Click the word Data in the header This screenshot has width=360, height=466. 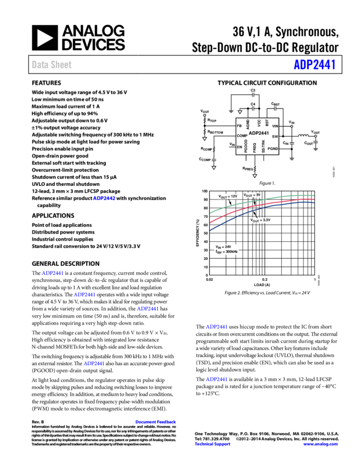(x=39, y=65)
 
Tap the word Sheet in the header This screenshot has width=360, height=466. (x=61, y=65)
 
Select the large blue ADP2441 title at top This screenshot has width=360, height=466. (x=315, y=65)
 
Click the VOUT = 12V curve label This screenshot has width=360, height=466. (x=227, y=196)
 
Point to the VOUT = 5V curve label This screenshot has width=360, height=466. (x=252, y=195)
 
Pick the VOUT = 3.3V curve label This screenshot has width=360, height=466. (x=260, y=220)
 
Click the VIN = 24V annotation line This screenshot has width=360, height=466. (x=224, y=247)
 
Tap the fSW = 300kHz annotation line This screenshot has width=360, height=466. (x=226, y=252)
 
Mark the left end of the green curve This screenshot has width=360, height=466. (x=210, y=212)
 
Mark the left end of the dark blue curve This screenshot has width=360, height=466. (x=210, y=230)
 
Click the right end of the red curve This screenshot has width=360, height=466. (x=313, y=199)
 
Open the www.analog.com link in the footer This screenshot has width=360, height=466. (x=321, y=444)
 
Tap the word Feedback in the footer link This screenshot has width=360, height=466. (x=166, y=422)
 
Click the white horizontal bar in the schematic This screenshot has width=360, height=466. (x=243, y=110)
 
